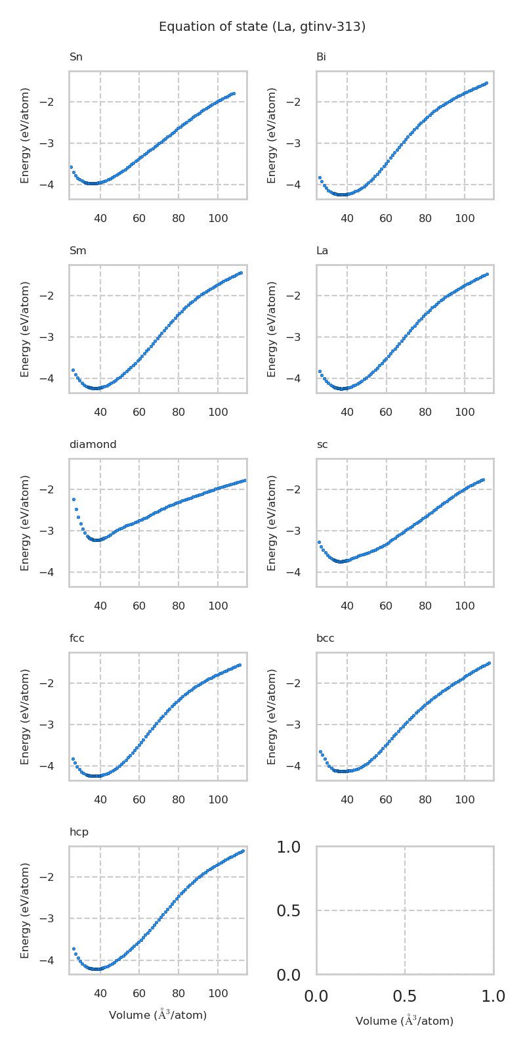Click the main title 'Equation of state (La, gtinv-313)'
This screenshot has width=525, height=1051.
262,27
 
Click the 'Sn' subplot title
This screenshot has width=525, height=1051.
76,57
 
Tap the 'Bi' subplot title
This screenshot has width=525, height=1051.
321,57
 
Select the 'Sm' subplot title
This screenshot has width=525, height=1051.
77,251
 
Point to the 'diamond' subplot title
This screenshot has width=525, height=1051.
93,445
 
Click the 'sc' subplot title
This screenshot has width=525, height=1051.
322,445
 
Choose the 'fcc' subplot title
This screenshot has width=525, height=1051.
77,638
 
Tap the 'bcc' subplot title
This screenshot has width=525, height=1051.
325,638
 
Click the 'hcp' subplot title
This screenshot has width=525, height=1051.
79,832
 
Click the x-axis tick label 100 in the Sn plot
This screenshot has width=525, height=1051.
218,218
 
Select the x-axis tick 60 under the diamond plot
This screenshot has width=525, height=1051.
139,606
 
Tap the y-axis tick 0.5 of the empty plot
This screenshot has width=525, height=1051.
288,910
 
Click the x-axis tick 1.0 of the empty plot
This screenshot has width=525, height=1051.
493,996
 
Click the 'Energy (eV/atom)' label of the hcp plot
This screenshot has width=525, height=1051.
26,910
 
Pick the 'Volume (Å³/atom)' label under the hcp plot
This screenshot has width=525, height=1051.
157,1016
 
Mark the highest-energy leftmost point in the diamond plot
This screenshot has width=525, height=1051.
73,499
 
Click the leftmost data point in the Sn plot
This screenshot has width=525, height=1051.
71,167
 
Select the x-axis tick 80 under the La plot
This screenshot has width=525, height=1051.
425,412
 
